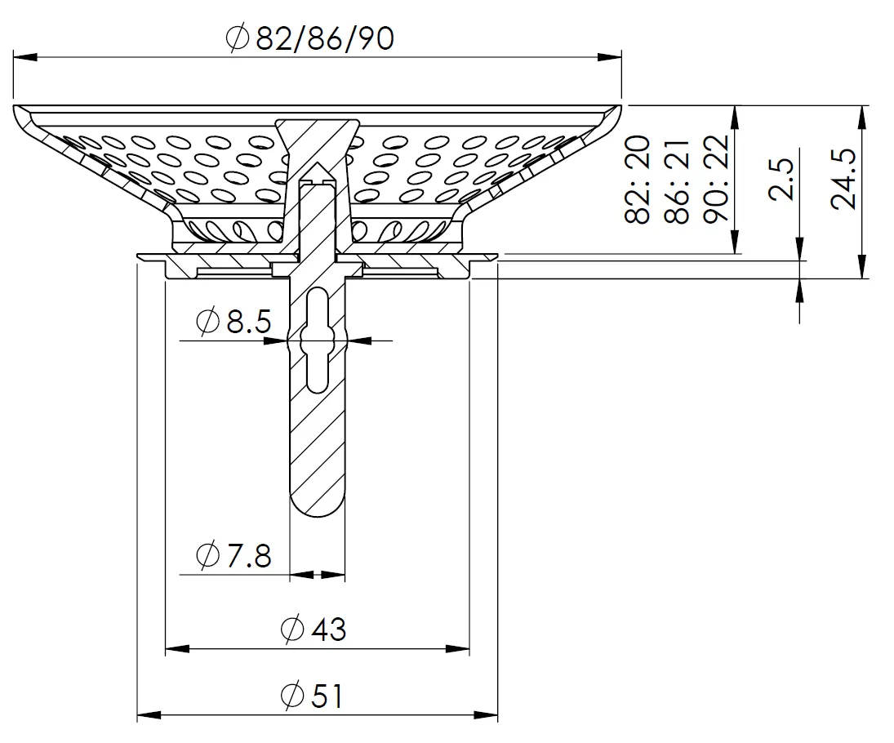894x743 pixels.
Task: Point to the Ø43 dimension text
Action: tap(313, 629)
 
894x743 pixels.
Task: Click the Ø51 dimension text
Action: tap(313, 696)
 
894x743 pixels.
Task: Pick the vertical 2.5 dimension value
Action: tap(781, 180)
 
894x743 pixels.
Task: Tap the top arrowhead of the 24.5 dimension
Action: tap(861, 115)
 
